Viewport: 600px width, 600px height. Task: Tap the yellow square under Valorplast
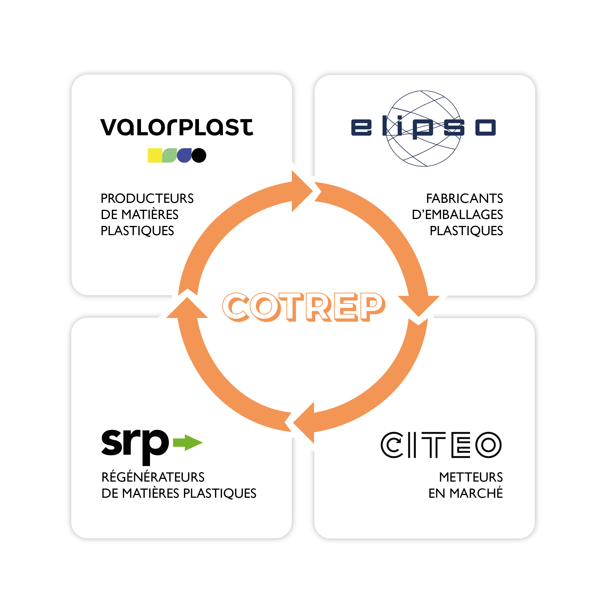pos(155,155)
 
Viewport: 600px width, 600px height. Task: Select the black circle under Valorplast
pos(199,155)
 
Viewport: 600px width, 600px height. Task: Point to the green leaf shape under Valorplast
pos(170,155)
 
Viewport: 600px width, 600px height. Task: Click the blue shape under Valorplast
pos(184,155)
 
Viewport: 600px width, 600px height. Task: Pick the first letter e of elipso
pos(361,127)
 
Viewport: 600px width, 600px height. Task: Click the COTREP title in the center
pos(304,307)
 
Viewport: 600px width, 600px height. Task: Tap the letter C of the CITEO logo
pos(392,445)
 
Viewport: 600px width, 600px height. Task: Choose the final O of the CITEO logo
pos(489,445)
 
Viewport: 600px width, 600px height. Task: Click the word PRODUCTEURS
pos(147,198)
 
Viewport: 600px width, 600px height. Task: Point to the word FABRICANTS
pos(464,198)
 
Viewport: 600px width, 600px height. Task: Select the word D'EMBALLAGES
pos(457,215)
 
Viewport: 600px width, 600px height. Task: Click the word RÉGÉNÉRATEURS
pos(153,477)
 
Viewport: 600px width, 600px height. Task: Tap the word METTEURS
pos(471,477)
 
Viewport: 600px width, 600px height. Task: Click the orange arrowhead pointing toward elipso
pos(301,191)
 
